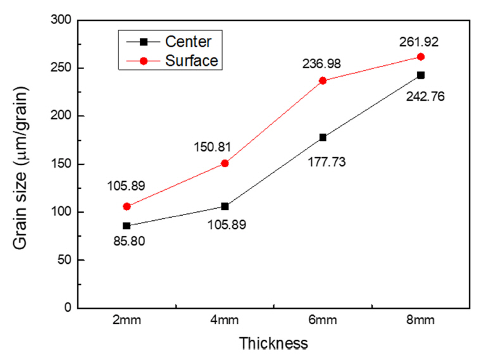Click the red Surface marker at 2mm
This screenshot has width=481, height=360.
click(127, 206)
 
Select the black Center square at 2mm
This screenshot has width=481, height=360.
click(127, 225)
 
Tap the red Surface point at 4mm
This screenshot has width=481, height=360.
click(225, 163)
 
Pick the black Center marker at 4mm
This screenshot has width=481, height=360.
click(225, 206)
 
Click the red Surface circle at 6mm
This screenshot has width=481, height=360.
click(323, 80)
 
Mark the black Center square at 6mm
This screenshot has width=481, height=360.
click(323, 137)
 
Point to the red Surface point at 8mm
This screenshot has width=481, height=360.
click(421, 57)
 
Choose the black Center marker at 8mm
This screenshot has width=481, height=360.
click(421, 75)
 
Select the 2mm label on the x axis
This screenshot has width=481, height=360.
click(127, 320)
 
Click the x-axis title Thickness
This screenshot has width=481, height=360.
click(273, 344)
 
